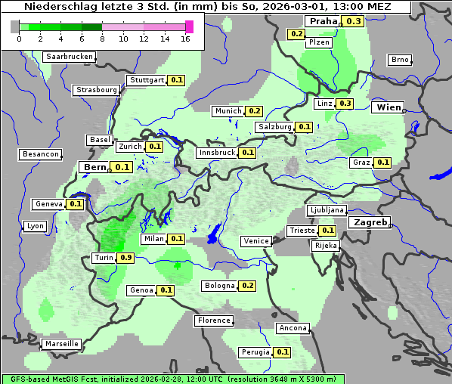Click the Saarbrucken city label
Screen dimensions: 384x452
tap(70, 57)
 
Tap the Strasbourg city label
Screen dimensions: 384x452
tap(96, 90)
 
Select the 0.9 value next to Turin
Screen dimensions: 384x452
tap(126, 258)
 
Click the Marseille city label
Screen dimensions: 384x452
tap(62, 344)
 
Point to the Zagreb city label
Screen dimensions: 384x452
tap(370, 223)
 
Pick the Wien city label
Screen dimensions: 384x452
tap(389, 107)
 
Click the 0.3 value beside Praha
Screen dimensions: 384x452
tap(354, 21)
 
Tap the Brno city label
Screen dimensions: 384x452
tap(399, 60)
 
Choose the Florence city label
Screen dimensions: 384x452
tap(214, 321)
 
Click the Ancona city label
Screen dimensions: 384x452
tap(293, 328)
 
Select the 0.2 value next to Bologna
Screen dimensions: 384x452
tap(247, 286)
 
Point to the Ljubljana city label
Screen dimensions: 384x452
tap(327, 210)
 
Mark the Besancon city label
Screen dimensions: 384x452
tap(41, 154)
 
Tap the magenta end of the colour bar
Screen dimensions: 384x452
tap(189, 26)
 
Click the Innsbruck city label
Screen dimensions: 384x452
tap(217, 153)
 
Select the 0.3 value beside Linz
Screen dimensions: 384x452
tap(345, 104)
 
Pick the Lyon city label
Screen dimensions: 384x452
tap(35, 226)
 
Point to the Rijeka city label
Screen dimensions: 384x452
tap(325, 246)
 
